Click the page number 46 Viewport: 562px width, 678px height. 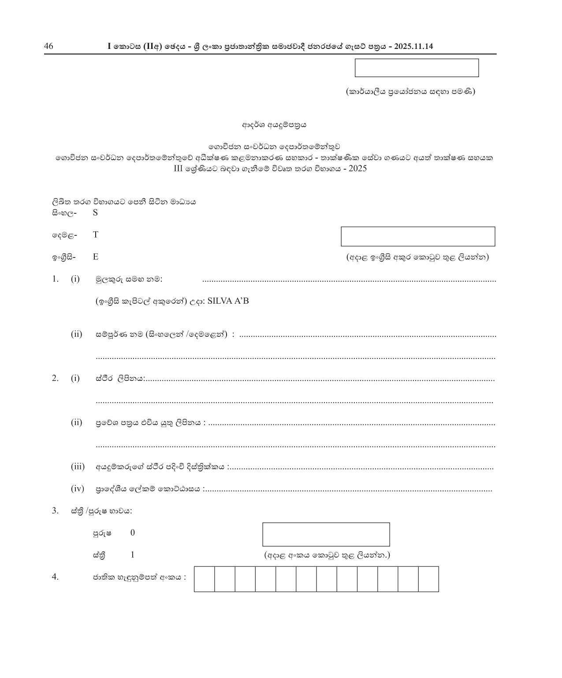[48, 46]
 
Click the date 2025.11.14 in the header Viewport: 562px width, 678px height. [414, 46]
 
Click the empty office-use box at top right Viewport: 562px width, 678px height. [417, 68]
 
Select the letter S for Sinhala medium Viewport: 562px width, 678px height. [95, 213]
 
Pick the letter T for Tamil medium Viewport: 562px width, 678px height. [95, 235]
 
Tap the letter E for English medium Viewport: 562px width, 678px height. [95, 257]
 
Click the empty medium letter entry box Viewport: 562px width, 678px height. [417, 236]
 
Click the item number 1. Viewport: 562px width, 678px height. [55, 279]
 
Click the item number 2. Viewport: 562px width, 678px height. [55, 378]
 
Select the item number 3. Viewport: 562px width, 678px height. [55, 511]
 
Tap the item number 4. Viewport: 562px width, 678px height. [55, 577]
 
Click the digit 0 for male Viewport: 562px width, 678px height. [133, 533]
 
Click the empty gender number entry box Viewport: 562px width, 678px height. [326, 534]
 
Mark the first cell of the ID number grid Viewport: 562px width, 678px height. [205, 579]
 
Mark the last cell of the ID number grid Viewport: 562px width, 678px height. [428, 579]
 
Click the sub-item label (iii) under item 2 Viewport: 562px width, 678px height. [78, 467]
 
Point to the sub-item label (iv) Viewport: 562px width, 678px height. [78, 489]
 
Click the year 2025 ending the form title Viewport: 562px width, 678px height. [357, 169]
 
